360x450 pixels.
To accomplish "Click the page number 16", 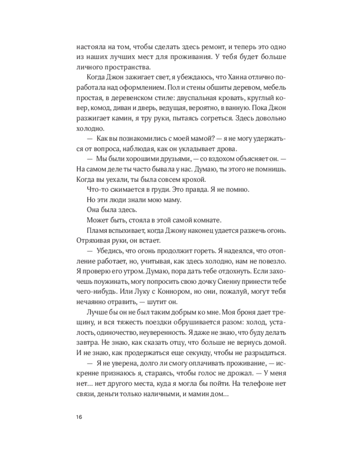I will [x=79, y=417].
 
